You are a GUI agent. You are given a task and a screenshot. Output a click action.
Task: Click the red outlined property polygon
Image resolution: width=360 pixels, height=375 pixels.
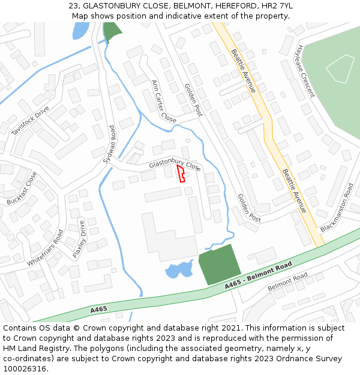(181, 173)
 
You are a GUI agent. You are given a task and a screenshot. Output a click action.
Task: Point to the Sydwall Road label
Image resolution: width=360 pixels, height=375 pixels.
(109, 141)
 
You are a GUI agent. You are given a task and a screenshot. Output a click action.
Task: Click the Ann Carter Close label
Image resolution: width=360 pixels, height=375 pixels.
(164, 101)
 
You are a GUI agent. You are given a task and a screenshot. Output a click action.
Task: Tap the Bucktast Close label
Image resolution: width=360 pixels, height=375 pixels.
(22, 188)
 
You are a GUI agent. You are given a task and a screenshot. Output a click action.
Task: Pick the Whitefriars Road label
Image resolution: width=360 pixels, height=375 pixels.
(44, 248)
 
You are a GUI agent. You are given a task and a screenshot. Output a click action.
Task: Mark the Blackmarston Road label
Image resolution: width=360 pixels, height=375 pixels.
(337, 208)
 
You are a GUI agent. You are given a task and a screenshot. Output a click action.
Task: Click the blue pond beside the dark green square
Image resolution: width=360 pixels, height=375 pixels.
(179, 269)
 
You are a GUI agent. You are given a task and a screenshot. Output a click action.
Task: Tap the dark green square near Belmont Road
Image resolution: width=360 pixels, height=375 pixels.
(219, 265)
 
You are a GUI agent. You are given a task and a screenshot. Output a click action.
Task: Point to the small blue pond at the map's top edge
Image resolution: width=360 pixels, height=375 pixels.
(80, 30)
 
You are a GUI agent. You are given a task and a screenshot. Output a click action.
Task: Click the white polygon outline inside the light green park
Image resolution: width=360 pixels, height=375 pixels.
(340, 68)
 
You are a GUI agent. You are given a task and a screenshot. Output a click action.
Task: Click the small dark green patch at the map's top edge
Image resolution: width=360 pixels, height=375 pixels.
(112, 30)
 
